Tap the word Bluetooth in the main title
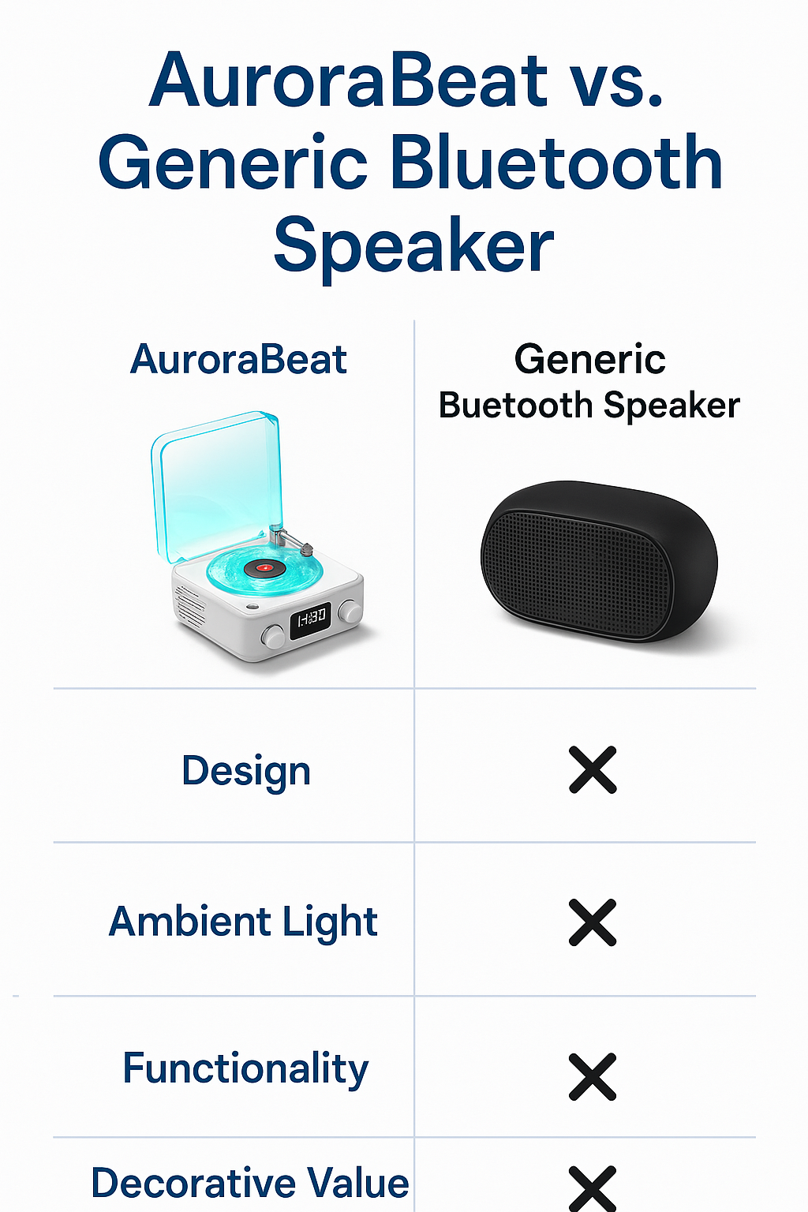point(555,163)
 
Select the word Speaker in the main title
point(413,246)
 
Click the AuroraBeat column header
point(238,360)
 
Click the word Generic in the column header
point(589,360)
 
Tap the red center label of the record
point(264,567)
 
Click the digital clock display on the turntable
point(310,620)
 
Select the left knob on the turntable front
point(273,636)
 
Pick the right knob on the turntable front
point(349,611)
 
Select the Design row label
point(246,771)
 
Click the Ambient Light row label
point(243,922)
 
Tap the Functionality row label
point(245,1069)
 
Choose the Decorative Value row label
point(250,1183)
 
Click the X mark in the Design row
point(593,770)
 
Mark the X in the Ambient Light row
point(593,922)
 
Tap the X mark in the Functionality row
point(593,1076)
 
